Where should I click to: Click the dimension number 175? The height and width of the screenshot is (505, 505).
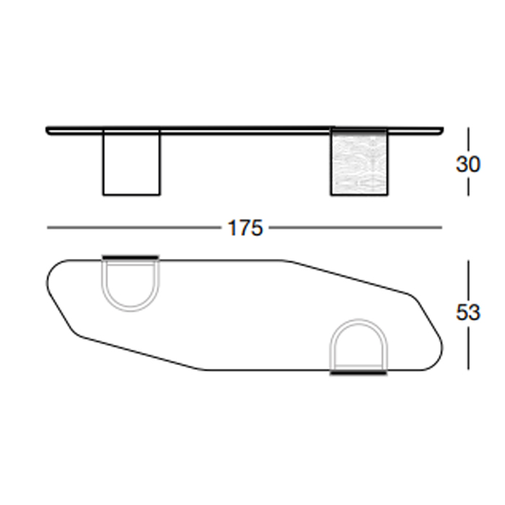245,228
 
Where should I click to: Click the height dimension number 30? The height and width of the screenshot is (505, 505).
468,164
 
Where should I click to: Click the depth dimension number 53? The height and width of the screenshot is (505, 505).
468,312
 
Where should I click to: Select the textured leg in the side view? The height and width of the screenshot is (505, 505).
359,162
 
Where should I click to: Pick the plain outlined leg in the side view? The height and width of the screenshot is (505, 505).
131,162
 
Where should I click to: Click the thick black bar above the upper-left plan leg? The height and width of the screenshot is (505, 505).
131,258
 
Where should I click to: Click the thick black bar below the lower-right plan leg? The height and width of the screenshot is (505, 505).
359,373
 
